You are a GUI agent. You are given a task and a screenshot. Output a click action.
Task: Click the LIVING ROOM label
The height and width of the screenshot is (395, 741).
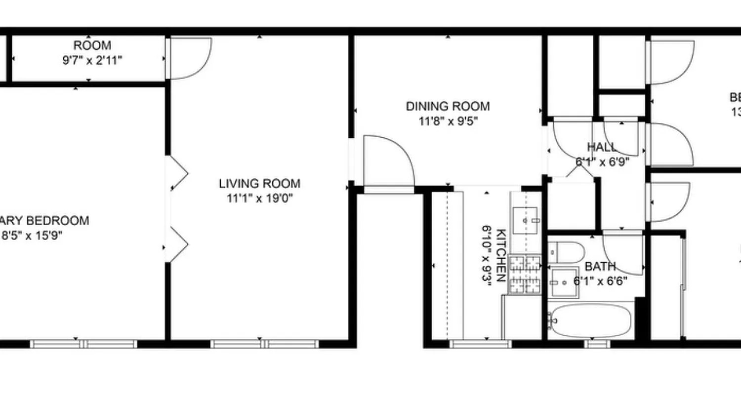pyautogui.click(x=259, y=184)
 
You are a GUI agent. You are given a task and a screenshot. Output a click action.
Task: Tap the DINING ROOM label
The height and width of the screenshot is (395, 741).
pyautogui.click(x=448, y=106)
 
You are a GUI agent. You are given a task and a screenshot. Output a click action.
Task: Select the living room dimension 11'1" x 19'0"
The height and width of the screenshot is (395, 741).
pyautogui.click(x=259, y=198)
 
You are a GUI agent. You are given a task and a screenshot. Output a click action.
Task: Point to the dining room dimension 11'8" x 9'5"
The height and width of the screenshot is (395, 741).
pyautogui.click(x=448, y=121)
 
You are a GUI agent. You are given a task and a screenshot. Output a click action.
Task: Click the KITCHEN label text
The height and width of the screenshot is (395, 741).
pyautogui.click(x=500, y=255)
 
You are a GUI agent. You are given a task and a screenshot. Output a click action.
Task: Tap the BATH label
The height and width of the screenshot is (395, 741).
pyautogui.click(x=600, y=267)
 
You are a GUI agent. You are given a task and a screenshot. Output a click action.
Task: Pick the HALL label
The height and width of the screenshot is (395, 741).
pyautogui.click(x=602, y=147)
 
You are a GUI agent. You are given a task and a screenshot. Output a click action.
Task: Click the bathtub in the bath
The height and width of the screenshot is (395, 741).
pyautogui.click(x=591, y=320)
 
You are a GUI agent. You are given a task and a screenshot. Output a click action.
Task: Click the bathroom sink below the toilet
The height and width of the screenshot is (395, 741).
pyautogui.click(x=564, y=282)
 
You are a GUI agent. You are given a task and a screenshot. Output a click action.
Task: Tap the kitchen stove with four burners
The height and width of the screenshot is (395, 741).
pyautogui.click(x=525, y=274)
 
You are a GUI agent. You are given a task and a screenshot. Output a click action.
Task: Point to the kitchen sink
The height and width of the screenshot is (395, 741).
pyautogui.click(x=525, y=220)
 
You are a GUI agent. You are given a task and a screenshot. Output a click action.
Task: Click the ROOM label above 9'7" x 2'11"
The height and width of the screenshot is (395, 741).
pyautogui.click(x=92, y=46)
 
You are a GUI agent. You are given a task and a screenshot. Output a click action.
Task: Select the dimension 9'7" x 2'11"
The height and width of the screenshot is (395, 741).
pyautogui.click(x=92, y=61)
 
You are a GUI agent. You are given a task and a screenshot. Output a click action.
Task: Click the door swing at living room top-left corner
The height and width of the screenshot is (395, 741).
pyautogui.click(x=190, y=58)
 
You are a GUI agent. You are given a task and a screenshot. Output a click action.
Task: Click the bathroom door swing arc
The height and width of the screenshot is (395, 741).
pyautogui.click(x=623, y=253)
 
